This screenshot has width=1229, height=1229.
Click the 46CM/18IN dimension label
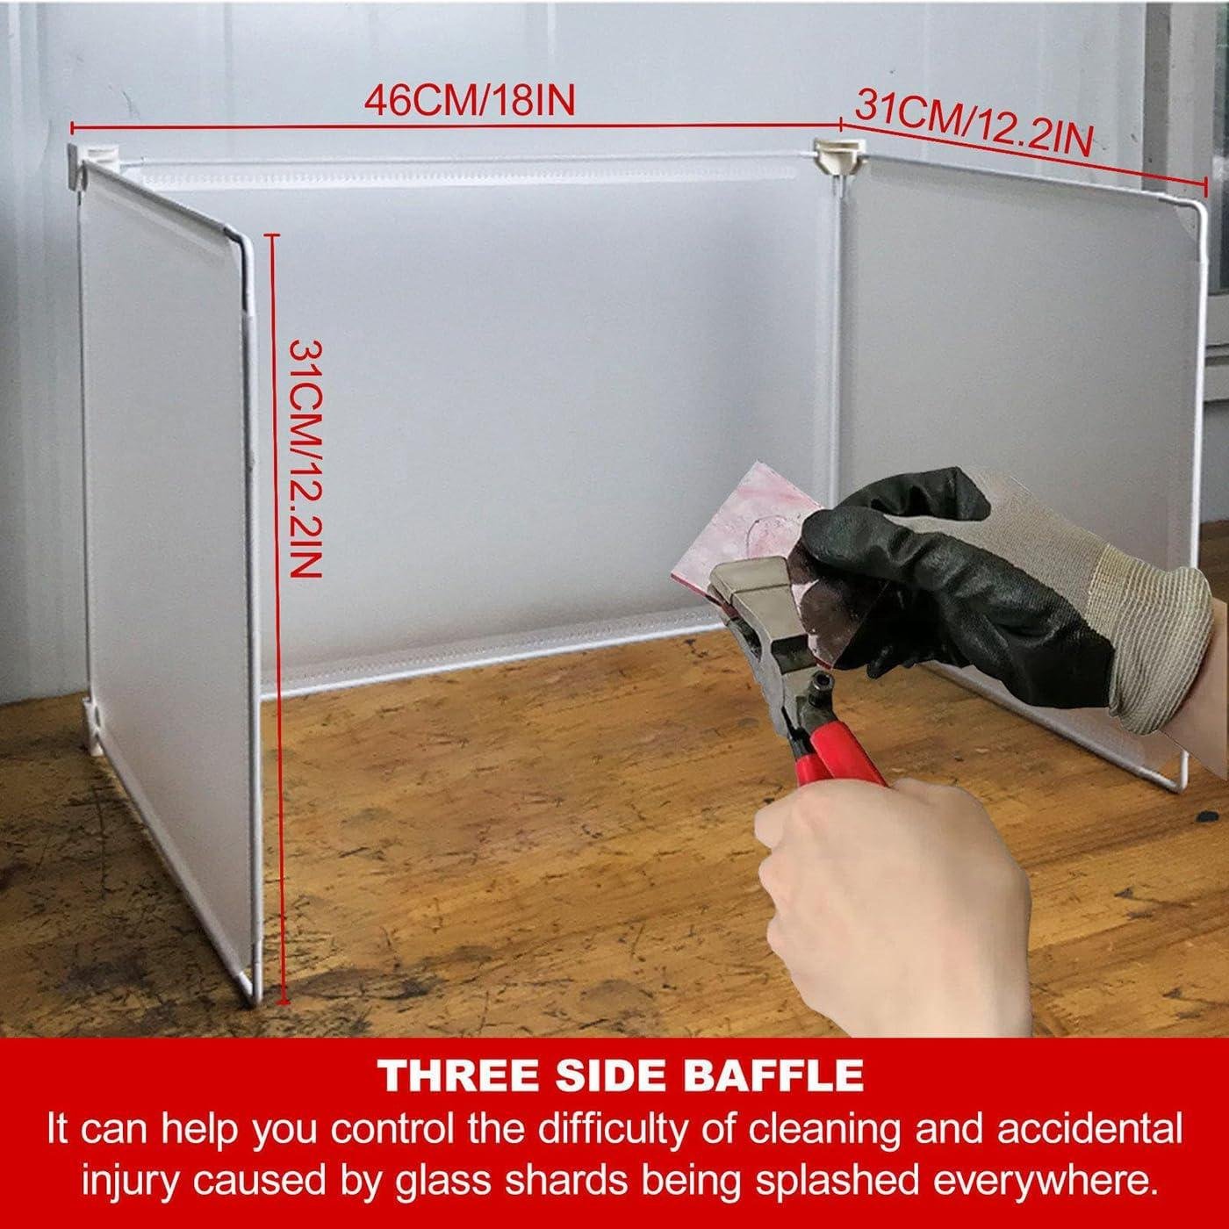pyautogui.click(x=470, y=102)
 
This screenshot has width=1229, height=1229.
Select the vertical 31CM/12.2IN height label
pyautogui.click(x=305, y=458)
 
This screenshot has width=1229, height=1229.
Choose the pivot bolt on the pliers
pyautogui.click(x=816, y=688)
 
